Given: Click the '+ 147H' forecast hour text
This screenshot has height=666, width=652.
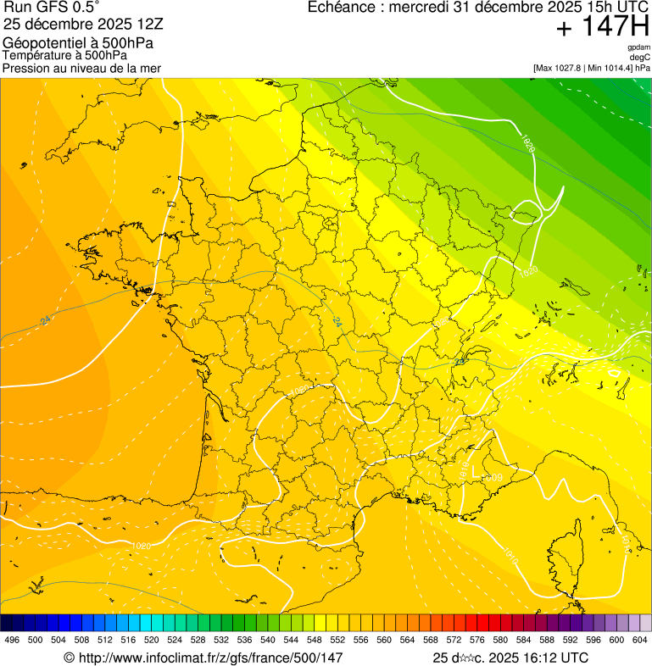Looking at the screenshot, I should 603,29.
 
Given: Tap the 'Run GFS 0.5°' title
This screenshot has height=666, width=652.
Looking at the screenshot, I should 51,8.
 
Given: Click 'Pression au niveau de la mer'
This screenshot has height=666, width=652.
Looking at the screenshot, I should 81,68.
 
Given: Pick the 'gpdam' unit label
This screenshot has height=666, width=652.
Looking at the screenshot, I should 638,47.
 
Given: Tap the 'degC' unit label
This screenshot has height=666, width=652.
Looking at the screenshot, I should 640,58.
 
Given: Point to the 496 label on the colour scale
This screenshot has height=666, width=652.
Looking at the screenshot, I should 12,640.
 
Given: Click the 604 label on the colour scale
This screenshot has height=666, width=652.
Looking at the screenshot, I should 639,640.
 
